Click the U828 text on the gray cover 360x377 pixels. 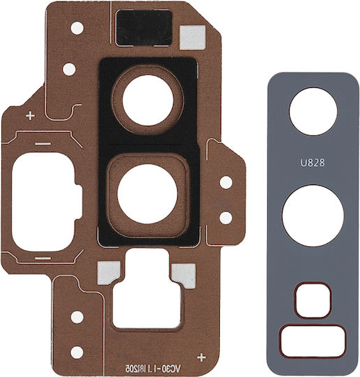coord(313,163)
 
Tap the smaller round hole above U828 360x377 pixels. coord(313,111)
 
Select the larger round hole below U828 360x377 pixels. coord(313,216)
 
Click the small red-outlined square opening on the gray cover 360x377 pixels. coord(313,300)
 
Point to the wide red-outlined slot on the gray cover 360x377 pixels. coord(313,341)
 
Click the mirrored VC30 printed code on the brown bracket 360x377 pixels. coord(153,368)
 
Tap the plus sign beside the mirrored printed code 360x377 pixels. coord(201,357)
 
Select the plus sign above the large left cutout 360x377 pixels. coord(30,116)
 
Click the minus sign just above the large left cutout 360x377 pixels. coord(43,144)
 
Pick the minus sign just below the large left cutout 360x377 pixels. coord(43,259)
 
